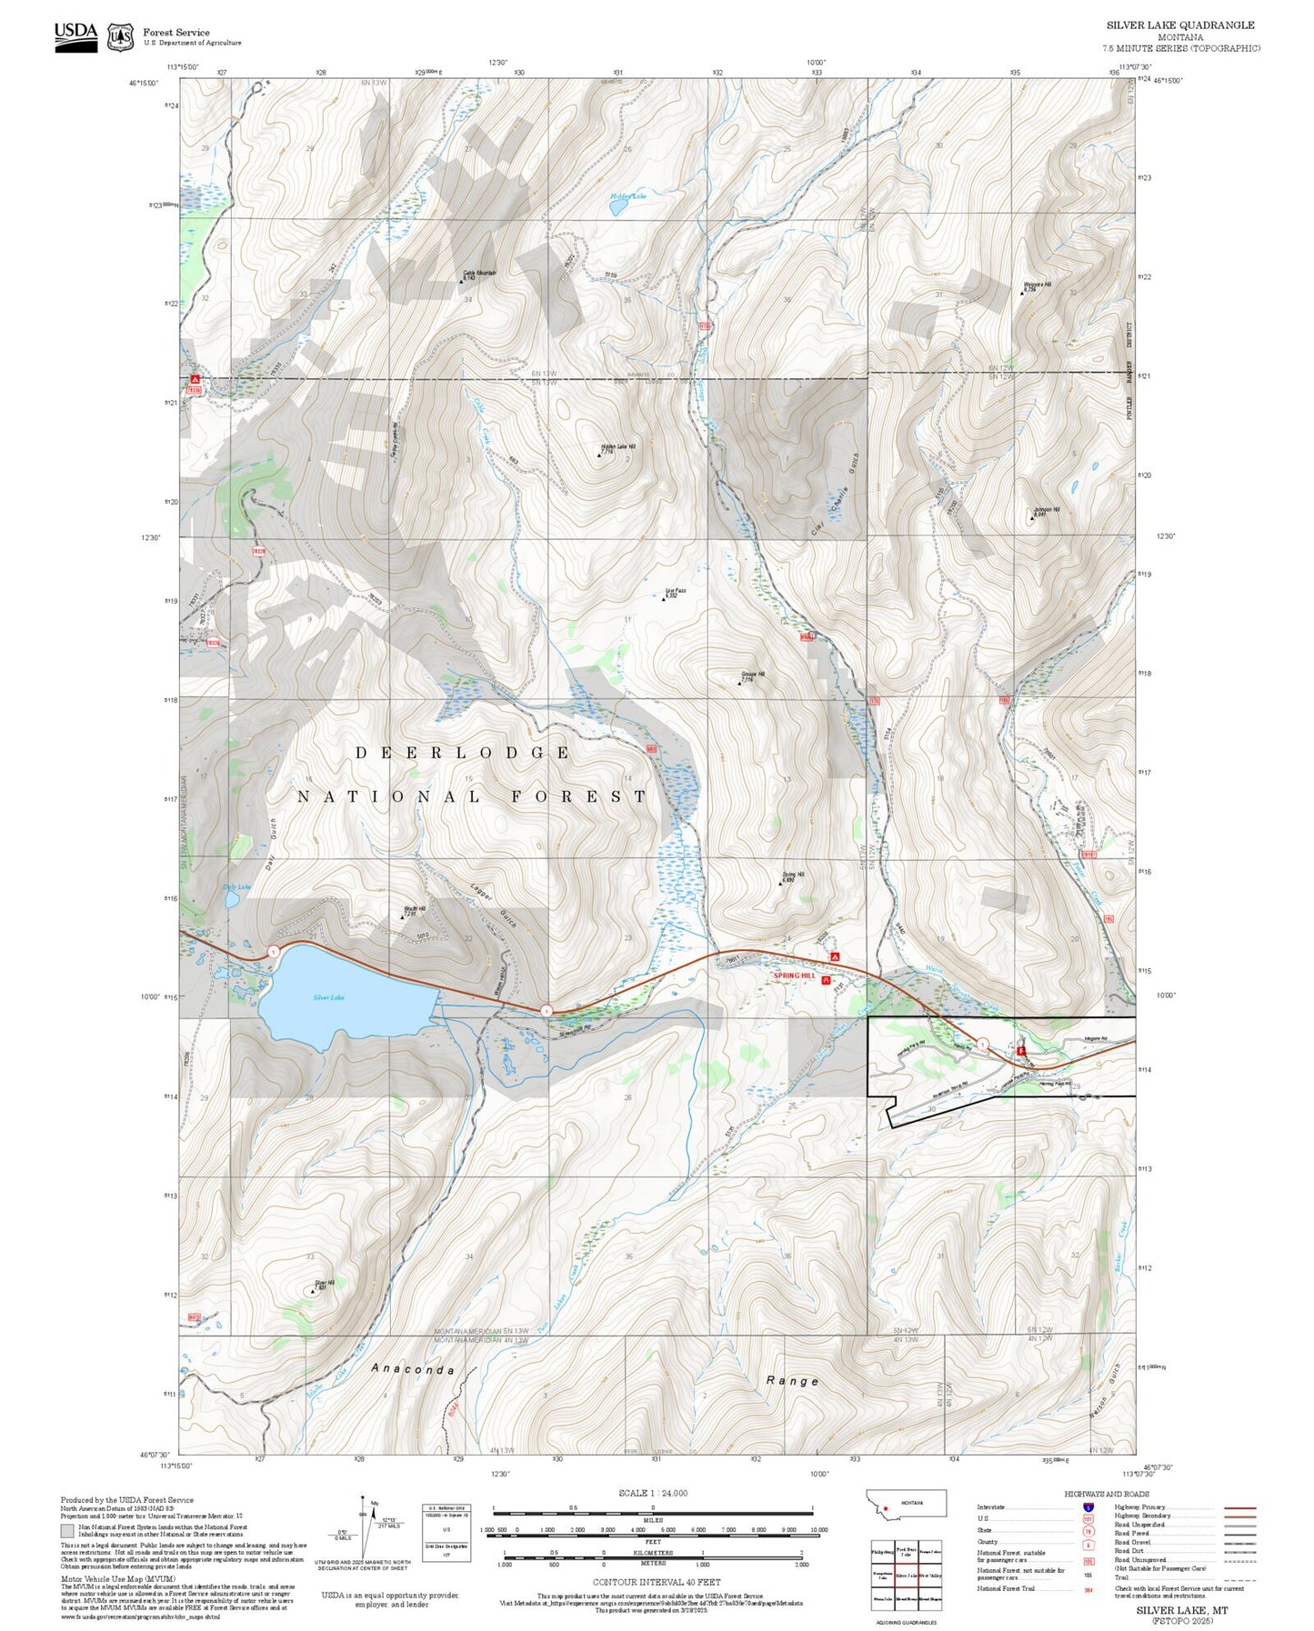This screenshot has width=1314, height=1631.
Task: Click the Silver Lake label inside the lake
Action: [328, 997]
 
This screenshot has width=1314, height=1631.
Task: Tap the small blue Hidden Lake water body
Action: [618, 207]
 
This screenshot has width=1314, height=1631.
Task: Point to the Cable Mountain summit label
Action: [479, 273]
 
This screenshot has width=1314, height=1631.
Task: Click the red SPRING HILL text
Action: [795, 976]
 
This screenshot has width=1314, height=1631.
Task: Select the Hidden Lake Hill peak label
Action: [618, 447]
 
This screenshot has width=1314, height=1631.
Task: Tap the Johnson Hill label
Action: [1046, 510]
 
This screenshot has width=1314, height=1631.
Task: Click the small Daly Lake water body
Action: [232, 899]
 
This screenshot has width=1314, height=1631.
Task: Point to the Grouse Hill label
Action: [752, 675]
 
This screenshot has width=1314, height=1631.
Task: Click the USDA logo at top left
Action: [75, 35]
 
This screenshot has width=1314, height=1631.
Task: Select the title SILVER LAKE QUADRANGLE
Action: [1179, 25]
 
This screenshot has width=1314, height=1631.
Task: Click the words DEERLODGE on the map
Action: [462, 753]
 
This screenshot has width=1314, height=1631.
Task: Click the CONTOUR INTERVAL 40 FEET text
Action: [656, 1582]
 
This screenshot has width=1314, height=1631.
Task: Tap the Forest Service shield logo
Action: [120, 37]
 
